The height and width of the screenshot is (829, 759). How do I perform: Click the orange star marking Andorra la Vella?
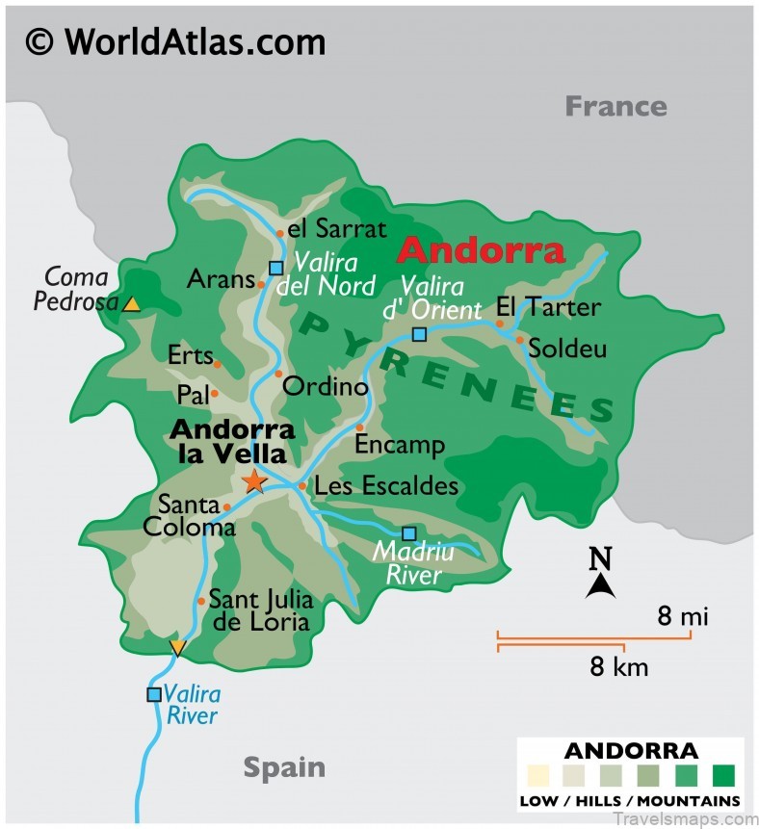254,480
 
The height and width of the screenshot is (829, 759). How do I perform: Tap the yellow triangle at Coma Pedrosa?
132,304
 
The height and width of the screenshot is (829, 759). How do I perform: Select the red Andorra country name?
481,250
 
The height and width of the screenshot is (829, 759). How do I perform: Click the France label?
615,105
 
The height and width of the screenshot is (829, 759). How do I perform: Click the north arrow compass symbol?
601,575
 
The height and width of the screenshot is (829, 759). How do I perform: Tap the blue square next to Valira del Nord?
276,269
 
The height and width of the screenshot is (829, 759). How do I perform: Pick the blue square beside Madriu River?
409,533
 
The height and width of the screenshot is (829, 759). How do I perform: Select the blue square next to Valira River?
153,694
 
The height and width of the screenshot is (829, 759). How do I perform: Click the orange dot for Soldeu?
520,340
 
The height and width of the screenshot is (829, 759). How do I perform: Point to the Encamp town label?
400,445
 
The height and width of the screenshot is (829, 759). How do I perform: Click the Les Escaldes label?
386,486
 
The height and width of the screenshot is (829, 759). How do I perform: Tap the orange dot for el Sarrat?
280,232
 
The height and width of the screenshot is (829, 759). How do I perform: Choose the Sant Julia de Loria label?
261,609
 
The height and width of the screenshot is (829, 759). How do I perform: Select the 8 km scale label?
619,666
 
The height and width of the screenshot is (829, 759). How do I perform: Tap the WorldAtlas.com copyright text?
175,40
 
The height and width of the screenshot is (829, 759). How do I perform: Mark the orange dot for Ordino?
277,374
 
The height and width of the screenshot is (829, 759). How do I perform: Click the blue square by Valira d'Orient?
419,334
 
